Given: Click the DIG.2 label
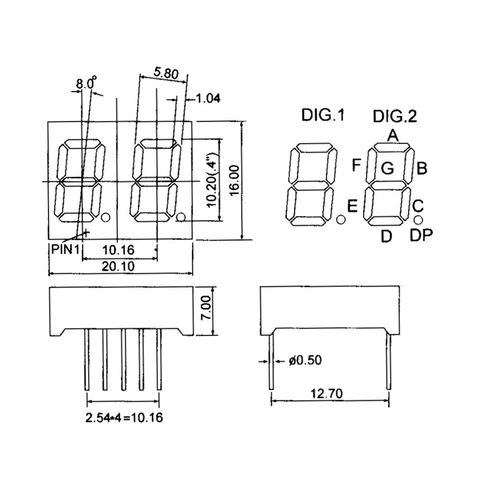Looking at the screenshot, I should click(396, 116).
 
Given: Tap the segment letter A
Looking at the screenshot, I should click(393, 135).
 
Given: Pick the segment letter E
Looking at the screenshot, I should click(351, 207).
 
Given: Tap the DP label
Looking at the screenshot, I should click(421, 237).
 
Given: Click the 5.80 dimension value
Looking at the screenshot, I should click(167, 72).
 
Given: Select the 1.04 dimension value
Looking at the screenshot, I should click(208, 98).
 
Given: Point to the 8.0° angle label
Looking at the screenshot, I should click(87, 85).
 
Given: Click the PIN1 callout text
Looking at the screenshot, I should click(67, 247).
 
